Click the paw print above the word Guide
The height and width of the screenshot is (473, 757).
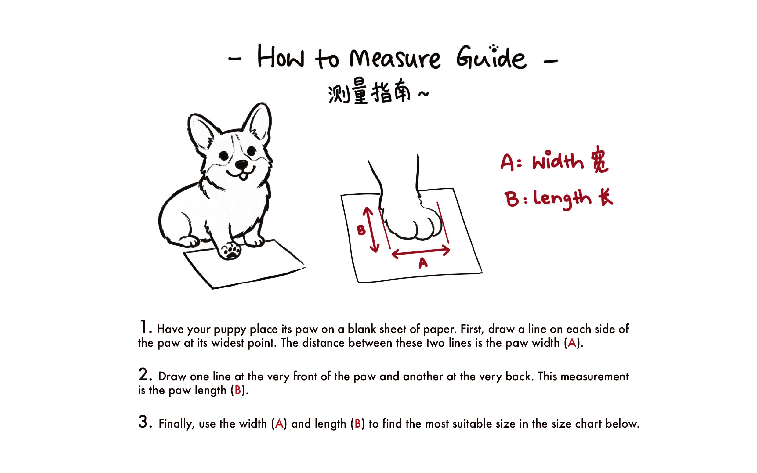(x=494, y=48)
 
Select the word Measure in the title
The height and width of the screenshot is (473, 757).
(x=395, y=59)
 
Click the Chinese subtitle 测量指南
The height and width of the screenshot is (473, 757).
(x=369, y=93)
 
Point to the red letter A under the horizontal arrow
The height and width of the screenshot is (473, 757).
(x=423, y=263)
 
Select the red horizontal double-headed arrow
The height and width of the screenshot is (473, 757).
(x=421, y=252)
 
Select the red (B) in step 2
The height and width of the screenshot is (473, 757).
(x=238, y=390)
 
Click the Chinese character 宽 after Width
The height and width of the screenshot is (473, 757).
(x=599, y=160)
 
